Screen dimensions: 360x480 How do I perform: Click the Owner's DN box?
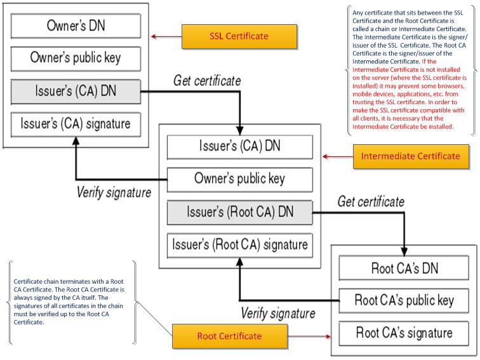point(75,26)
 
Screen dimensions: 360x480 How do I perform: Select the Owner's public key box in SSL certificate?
point(75,59)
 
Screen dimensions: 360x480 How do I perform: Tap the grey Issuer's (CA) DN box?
point(75,91)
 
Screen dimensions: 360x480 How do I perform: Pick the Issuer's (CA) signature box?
point(75,124)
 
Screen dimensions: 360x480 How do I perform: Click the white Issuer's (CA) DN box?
point(239,146)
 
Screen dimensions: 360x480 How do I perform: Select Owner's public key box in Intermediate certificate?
point(239,178)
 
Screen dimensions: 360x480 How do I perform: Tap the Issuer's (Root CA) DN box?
point(239,211)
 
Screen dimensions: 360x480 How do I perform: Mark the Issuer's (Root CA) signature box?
point(239,244)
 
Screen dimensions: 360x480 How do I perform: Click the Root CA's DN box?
point(403,267)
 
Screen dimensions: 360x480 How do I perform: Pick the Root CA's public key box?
point(403,300)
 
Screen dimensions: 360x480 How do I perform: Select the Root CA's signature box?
point(403,332)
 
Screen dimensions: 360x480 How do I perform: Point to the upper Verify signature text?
point(114,192)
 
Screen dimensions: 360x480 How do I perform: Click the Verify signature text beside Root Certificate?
point(278,313)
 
